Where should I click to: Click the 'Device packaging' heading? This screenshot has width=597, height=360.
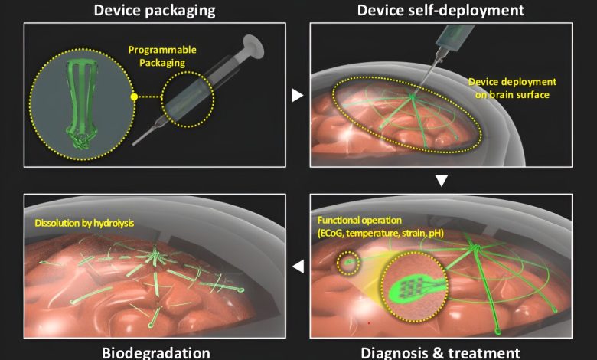pos(155,10)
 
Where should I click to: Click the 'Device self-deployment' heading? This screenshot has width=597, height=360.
pos(441,10)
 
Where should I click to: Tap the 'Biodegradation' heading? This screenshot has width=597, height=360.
pos(155,353)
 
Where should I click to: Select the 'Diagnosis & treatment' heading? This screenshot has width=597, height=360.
pos(441,353)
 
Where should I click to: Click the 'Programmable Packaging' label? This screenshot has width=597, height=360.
pos(162,56)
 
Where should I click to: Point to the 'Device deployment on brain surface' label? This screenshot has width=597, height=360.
pos(512,88)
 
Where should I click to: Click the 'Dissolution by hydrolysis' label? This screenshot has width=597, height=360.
pos(84,223)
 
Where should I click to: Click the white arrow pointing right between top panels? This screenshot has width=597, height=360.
pos(298,95)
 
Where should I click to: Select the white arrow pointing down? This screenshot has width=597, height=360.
pos(442,180)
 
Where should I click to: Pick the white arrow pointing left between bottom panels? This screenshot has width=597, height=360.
pos(298,267)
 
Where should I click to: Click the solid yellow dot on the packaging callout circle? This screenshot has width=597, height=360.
pos(134,97)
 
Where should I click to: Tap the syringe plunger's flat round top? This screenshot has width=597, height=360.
pos(253,44)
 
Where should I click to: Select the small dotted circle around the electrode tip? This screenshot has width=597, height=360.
pos(348,263)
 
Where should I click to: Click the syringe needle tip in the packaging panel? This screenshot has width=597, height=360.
pos(134,144)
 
